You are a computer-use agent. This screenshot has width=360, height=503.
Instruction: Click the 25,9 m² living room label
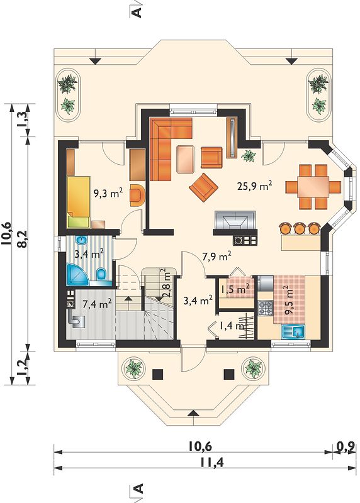pos(255,185)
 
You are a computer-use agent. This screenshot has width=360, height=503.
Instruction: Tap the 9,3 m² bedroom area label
pos(108,193)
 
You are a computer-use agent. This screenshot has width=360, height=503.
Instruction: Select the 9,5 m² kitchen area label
pos(289,301)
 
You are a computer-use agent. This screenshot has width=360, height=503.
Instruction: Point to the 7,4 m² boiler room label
pos(97,304)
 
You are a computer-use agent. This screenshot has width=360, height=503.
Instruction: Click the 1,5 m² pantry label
pos(235,289)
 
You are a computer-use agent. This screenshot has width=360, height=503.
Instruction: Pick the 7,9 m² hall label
pos(217,257)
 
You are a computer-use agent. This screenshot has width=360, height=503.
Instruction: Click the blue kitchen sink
pos(293,332)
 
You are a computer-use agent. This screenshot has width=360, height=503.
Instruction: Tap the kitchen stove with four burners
pos(265,308)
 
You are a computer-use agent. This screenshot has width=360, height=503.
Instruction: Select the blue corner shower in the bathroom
pos(77,275)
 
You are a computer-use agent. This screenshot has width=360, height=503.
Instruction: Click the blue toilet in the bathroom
pos(101,274)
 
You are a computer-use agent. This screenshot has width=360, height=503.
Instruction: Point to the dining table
pos(313,186)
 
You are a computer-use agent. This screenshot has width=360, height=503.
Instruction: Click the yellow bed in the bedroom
pos(79,201)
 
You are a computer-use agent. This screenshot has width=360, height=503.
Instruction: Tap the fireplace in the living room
pos(235,220)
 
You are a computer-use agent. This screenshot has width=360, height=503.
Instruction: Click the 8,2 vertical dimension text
pos(22,239)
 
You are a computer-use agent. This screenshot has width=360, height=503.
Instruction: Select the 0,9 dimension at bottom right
pos(346,446)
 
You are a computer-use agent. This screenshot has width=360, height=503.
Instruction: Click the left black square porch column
pos(158,374)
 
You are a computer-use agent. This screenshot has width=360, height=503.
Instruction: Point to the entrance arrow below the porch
pos(193,412)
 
